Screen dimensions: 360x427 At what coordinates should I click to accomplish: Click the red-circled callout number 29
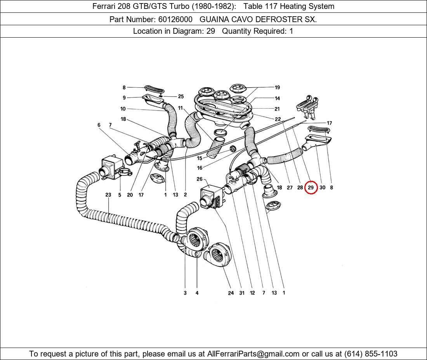pos(311,187)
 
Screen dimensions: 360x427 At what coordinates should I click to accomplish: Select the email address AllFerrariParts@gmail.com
pos(253,354)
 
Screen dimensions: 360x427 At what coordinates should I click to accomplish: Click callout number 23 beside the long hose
pos(108,195)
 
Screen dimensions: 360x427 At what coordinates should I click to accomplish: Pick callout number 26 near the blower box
pos(200,179)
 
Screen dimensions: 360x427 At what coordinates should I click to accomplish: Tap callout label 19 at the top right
pos(277,88)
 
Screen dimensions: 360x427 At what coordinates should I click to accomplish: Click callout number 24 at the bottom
pos(231,293)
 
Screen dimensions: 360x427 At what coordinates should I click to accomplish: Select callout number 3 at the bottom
pos(185,293)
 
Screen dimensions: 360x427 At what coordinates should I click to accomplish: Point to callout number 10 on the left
pos(123,109)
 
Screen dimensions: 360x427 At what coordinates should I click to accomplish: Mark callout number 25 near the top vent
pos(181,97)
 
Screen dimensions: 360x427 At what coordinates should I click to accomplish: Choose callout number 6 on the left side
pos(99,125)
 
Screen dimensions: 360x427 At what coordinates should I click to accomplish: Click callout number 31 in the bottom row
pos(242,293)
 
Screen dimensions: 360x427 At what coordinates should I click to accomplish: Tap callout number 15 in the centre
pos(200,158)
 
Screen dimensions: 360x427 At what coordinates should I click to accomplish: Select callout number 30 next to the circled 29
pos(322,187)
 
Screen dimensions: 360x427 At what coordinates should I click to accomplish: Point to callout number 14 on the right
pos(277,99)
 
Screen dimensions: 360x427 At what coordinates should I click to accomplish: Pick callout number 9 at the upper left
pos(124,98)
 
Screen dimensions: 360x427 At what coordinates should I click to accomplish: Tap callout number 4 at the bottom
pos(197,293)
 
